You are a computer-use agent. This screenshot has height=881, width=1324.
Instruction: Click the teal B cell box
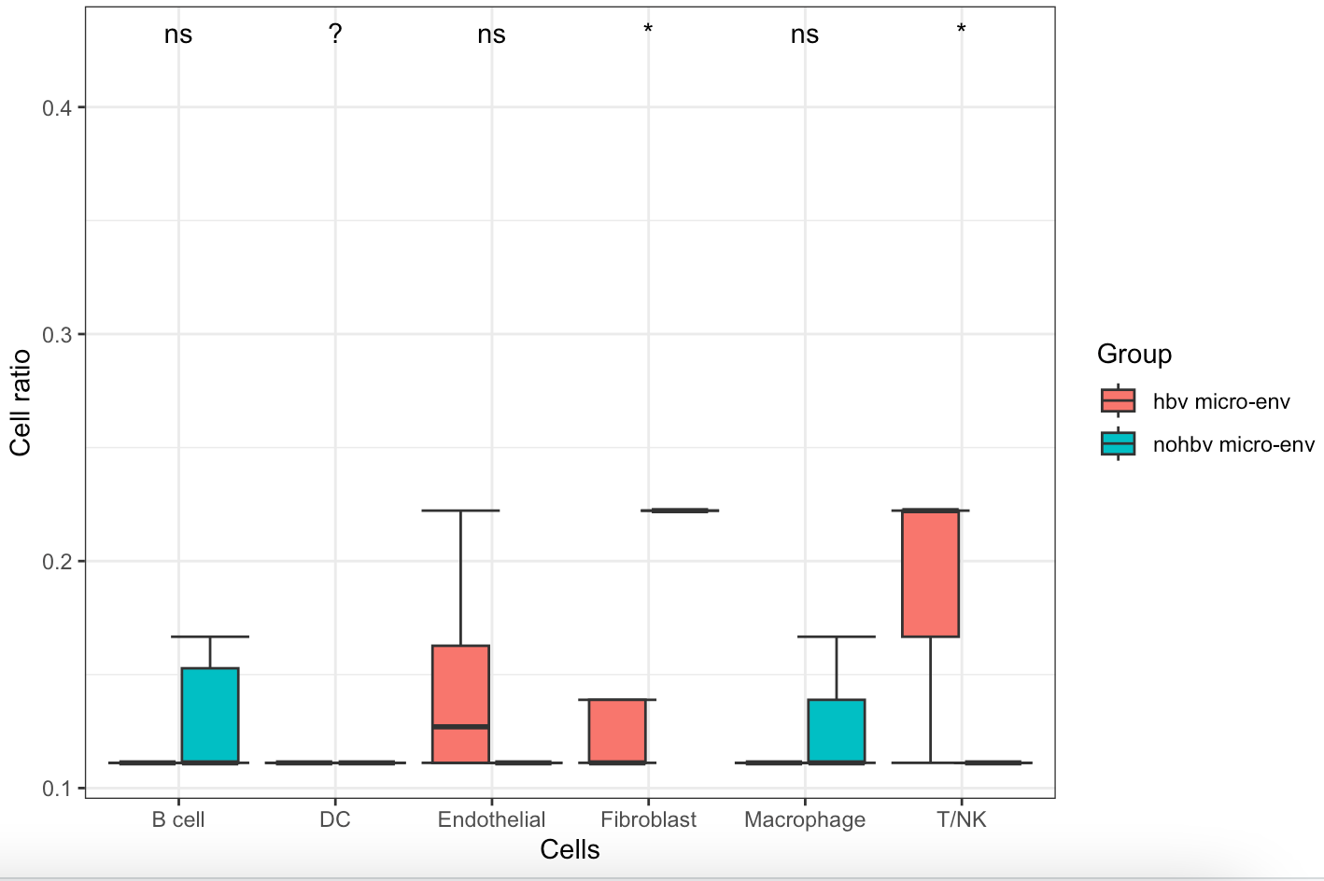point(210,715)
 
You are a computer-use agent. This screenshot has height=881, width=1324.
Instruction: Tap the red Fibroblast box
point(617,731)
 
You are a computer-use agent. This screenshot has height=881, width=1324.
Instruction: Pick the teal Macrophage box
point(837,731)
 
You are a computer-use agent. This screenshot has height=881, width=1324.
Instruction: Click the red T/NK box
point(931,573)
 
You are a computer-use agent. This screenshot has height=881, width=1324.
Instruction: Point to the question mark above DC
point(335,35)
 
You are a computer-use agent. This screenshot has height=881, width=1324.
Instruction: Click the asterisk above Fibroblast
point(648,30)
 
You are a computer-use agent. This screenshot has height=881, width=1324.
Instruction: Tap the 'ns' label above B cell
point(178,35)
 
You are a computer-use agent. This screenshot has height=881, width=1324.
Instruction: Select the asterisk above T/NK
point(961,30)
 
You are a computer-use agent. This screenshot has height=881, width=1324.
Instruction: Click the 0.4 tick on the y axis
point(57,107)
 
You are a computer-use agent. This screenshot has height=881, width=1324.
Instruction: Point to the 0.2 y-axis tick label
point(57,561)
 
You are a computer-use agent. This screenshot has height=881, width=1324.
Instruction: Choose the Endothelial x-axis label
point(491,819)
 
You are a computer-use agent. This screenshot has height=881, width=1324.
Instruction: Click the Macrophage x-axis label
point(805,819)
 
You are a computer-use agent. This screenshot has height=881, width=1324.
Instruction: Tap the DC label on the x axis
point(335,819)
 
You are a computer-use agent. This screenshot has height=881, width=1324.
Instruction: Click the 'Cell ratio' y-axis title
point(21,402)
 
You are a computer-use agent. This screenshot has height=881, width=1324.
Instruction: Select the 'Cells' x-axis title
point(570,849)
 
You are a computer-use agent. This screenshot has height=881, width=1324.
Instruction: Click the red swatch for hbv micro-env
point(1118,401)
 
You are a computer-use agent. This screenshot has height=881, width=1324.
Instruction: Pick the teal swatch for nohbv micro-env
point(1118,444)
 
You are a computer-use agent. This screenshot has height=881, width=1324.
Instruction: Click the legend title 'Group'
point(1134,354)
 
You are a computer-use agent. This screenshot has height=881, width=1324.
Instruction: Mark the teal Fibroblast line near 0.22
point(680,510)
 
